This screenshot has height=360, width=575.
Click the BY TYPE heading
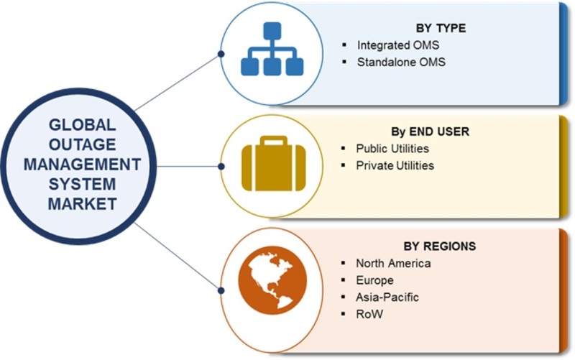tap(441, 28)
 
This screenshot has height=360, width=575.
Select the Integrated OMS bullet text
tap(399, 45)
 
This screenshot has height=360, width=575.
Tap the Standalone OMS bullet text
tap(401, 63)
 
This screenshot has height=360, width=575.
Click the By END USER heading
tap(431, 131)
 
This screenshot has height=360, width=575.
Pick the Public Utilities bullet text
tap(392, 149)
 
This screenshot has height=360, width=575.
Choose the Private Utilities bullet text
tap(395, 165)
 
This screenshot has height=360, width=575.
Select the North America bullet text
tap(394, 263)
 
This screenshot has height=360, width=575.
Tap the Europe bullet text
tap(374, 280)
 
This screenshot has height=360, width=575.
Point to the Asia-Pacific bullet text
tap(387, 297)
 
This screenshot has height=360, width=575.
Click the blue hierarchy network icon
tap(270, 50)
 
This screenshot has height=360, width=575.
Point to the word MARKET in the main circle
tap(82, 204)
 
